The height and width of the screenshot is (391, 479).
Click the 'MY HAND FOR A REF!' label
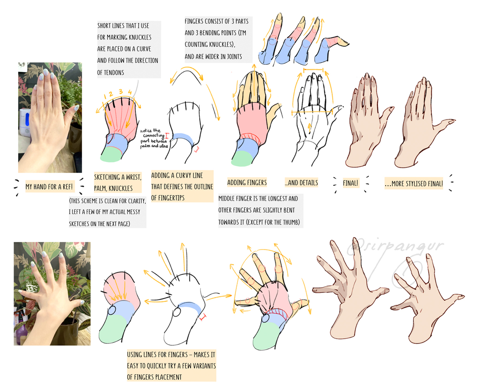click(49, 187)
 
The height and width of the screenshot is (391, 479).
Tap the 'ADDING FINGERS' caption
click(247, 182)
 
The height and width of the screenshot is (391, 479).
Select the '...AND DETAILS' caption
click(301, 183)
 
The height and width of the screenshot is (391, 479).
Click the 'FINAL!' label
click(350, 183)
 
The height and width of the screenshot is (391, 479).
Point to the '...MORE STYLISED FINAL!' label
click(414, 184)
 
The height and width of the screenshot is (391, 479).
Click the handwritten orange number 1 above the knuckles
click(104, 96)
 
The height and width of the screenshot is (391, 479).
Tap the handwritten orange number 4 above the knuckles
click(130, 92)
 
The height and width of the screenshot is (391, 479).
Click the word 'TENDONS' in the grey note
click(114, 73)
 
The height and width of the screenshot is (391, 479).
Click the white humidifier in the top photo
click(25, 121)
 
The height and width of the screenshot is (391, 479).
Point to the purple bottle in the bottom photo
click(20, 333)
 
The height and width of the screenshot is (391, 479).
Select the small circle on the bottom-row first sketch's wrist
click(112, 311)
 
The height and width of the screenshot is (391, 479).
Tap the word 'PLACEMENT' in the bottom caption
click(168, 377)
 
